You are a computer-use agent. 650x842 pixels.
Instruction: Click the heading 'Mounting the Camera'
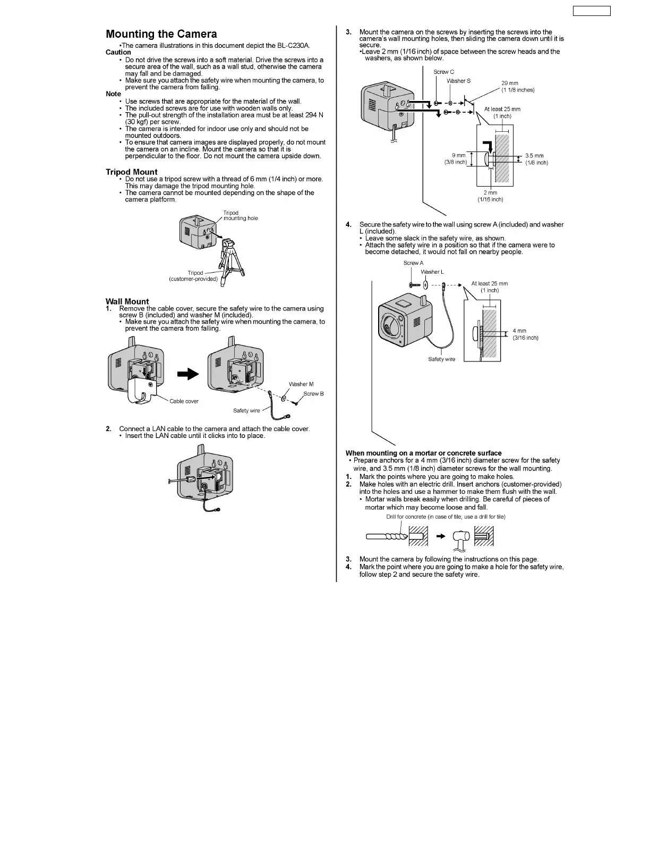click(161, 34)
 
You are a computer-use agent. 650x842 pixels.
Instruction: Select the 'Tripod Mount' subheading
click(131, 172)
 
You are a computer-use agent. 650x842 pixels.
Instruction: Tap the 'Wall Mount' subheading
click(127, 301)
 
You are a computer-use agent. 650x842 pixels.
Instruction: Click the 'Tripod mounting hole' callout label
click(240, 216)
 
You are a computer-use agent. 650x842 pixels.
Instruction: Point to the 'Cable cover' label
click(184, 401)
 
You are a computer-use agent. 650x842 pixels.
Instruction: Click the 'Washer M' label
click(301, 384)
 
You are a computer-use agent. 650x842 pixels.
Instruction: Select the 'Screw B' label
click(313, 394)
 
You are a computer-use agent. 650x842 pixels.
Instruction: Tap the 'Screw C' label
click(443, 72)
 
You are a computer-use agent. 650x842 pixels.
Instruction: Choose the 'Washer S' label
click(458, 81)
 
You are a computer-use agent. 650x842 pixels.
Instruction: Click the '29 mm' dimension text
click(510, 83)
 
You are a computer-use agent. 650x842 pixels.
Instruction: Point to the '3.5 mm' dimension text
click(534, 156)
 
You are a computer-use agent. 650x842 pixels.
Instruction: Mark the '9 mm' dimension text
click(458, 155)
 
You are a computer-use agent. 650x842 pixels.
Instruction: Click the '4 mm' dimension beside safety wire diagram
click(519, 331)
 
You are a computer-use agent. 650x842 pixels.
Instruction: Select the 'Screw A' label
click(413, 263)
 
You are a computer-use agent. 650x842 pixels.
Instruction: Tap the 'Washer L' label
click(432, 272)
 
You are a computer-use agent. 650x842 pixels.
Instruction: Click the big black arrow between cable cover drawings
click(187, 374)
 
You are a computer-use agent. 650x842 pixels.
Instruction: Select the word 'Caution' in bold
click(118, 52)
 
